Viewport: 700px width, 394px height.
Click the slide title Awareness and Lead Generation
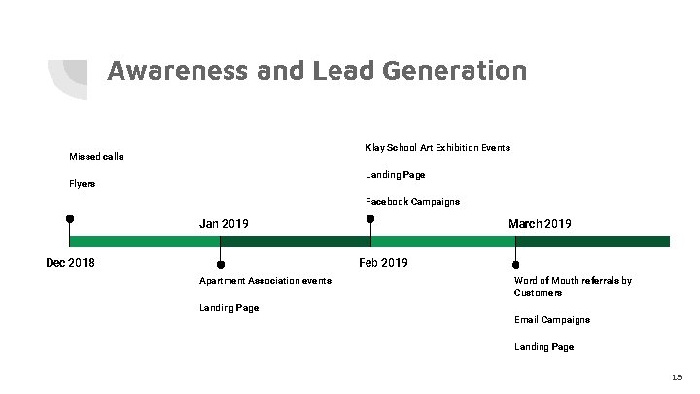click(x=317, y=71)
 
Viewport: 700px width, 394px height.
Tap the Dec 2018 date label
click(x=71, y=262)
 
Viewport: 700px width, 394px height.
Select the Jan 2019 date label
click(x=224, y=224)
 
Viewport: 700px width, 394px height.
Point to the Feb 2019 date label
click(x=383, y=263)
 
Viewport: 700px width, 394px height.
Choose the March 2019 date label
click(x=540, y=224)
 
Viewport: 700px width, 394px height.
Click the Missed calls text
click(x=96, y=156)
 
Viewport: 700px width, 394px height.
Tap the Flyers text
click(x=83, y=183)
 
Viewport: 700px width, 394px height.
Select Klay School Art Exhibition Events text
click(x=437, y=148)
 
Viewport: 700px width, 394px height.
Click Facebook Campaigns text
click(x=412, y=202)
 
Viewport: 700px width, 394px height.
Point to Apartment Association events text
click(x=264, y=281)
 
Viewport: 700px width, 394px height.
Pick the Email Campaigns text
click(x=552, y=320)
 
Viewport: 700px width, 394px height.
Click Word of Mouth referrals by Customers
click(x=573, y=286)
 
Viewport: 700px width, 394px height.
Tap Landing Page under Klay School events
click(x=395, y=175)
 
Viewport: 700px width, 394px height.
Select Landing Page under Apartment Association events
click(x=228, y=308)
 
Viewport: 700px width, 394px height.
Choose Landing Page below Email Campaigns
click(x=543, y=347)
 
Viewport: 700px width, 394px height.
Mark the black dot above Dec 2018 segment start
click(x=70, y=219)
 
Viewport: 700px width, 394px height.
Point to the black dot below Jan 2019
click(x=221, y=264)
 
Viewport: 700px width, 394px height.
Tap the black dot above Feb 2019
click(x=370, y=219)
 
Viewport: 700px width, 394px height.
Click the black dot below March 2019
click(x=516, y=264)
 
